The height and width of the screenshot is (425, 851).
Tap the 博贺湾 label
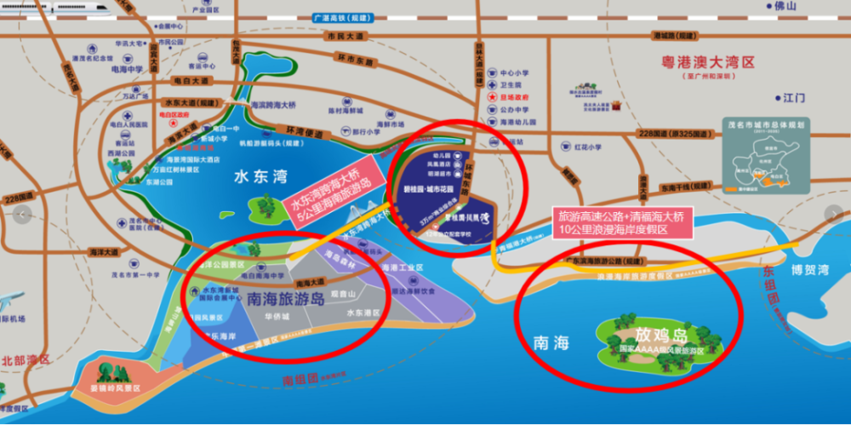[808, 269]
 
